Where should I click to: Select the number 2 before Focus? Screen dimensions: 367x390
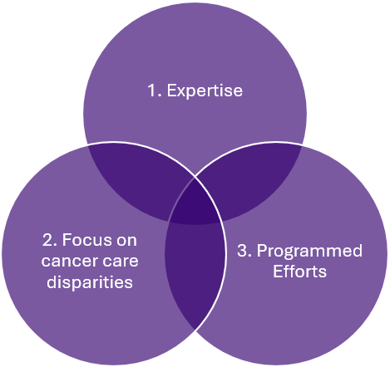point(47,240)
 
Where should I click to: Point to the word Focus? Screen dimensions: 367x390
point(86,240)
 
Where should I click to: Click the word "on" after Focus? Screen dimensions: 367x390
point(126,240)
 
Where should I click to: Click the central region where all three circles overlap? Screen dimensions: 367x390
point(195,204)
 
